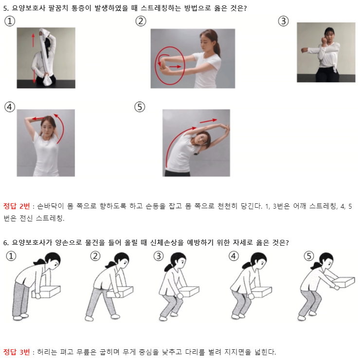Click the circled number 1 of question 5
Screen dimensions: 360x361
click(x=10, y=21)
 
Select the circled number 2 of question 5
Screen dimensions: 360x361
click(x=141, y=21)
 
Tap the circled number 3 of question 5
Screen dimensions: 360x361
click(x=283, y=21)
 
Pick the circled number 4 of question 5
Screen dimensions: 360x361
click(x=10, y=107)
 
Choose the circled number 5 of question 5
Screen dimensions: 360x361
click(x=140, y=107)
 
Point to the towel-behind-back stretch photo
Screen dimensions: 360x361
click(x=46, y=58)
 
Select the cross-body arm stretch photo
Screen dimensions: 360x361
click(x=326, y=52)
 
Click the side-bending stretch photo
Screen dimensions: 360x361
click(x=196, y=143)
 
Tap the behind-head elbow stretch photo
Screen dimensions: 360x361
click(x=46, y=143)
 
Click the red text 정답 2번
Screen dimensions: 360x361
click(x=17, y=206)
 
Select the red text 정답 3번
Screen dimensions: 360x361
click(x=17, y=352)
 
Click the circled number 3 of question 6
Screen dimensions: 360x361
click(x=159, y=256)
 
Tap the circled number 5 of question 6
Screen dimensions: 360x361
click(x=308, y=256)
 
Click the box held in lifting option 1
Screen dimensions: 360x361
click(x=46, y=292)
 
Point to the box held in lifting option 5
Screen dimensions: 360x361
click(x=343, y=282)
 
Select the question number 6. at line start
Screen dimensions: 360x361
click(x=6, y=243)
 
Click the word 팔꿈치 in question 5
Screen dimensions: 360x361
click(x=58, y=8)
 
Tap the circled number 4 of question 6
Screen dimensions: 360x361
click(x=234, y=256)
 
